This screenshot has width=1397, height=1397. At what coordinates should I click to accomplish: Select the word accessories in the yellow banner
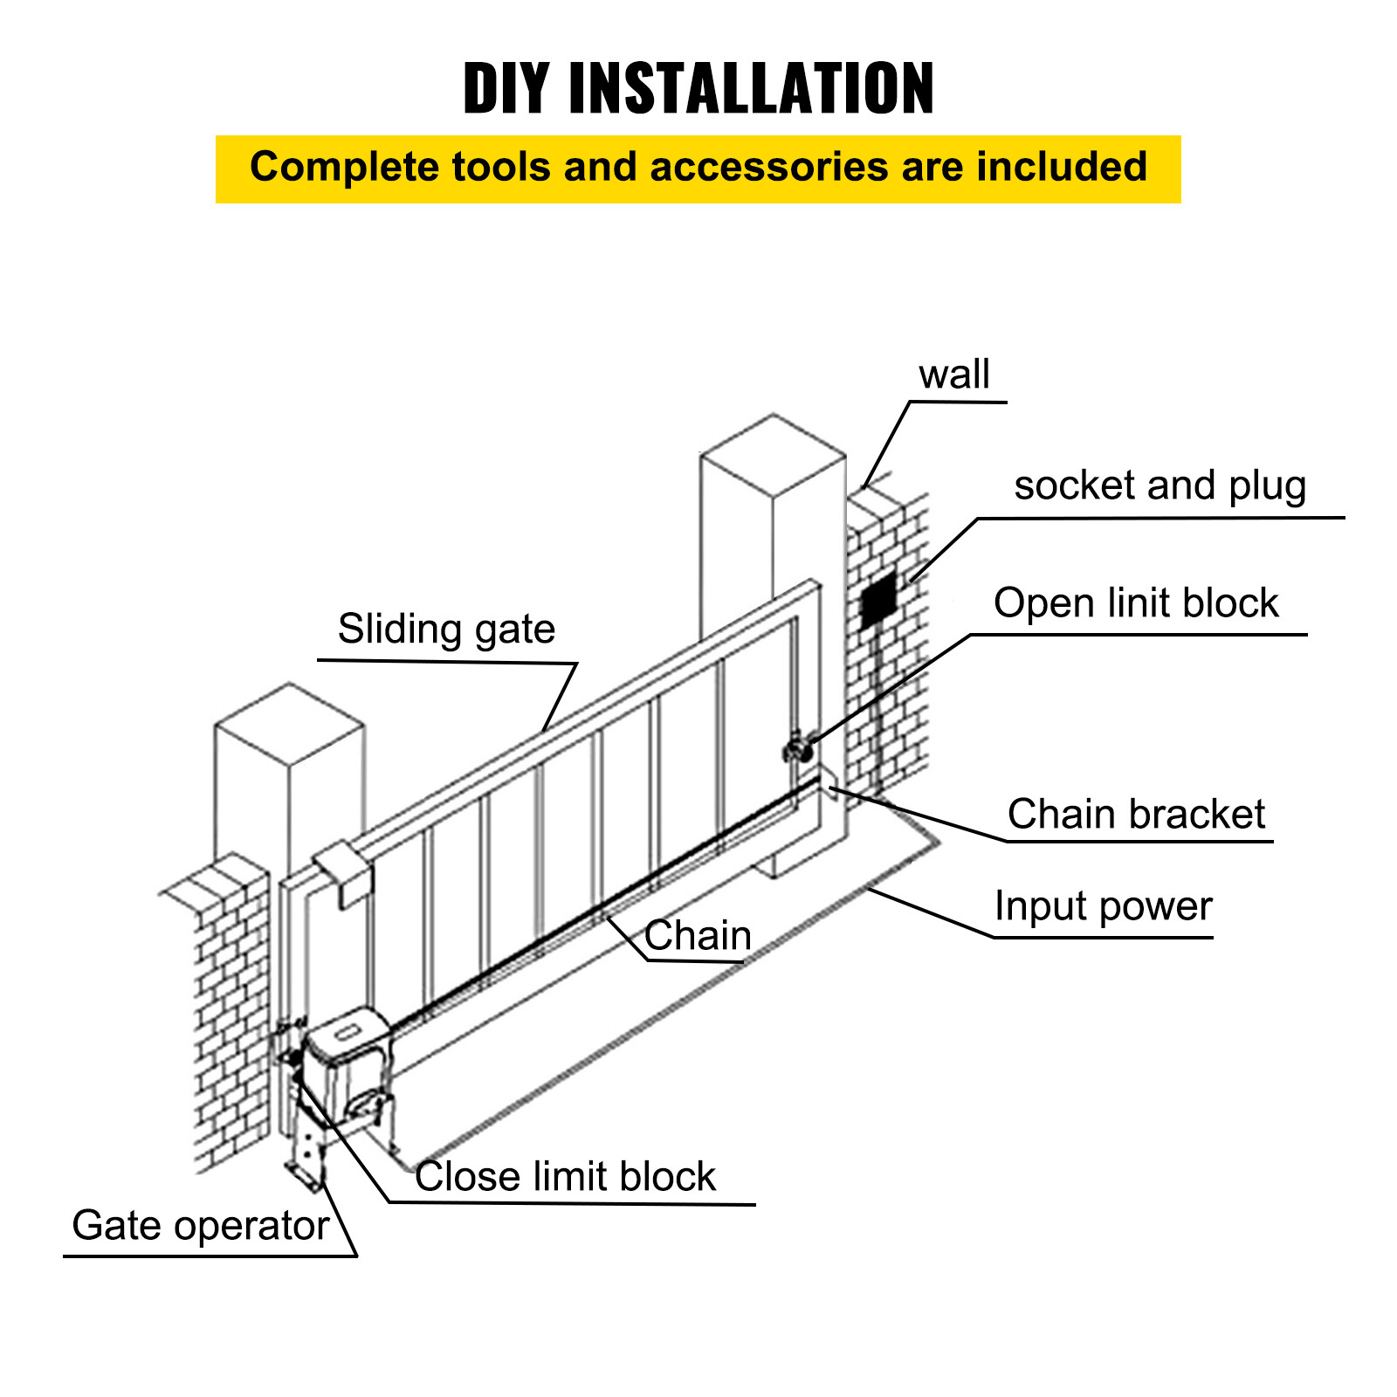point(768,167)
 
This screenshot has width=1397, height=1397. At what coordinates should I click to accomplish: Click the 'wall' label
point(953,375)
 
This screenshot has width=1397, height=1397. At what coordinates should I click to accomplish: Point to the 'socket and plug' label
point(1160,485)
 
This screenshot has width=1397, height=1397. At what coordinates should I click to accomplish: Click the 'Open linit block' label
point(1135,603)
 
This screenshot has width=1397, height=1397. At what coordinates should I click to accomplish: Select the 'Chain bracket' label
point(1135,814)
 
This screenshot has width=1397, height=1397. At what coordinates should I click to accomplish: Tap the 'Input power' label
point(1103,906)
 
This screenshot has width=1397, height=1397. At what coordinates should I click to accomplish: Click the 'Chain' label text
point(698,936)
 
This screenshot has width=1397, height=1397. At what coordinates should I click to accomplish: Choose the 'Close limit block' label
point(565,1176)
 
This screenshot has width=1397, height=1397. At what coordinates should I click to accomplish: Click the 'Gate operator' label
point(200,1225)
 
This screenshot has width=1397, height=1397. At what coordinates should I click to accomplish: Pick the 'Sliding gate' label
point(446,630)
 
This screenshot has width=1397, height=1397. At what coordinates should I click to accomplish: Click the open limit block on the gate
point(797,749)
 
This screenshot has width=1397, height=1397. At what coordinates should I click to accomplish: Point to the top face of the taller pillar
point(774,455)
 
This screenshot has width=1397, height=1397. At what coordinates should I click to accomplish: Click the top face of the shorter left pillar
point(289,724)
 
